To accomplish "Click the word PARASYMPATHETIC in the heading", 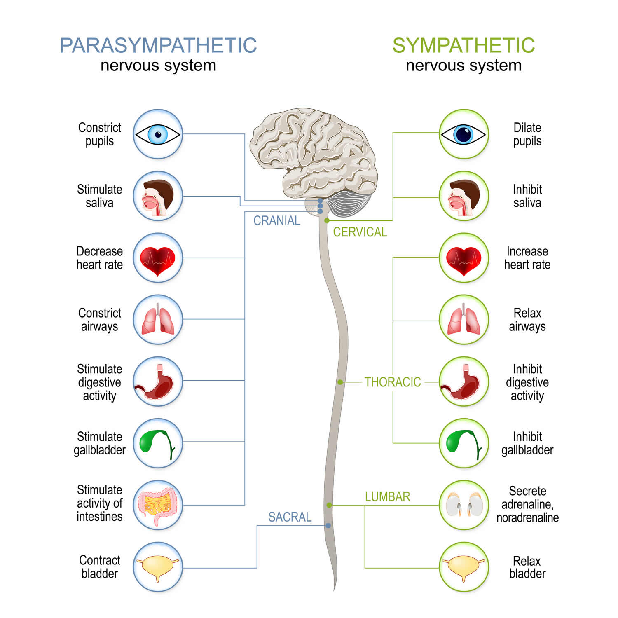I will tap(158, 45).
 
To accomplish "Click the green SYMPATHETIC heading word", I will tap(463, 45).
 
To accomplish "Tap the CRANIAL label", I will tap(276, 221).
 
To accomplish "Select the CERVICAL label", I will tap(360, 232).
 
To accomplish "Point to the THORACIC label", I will tap(392, 382).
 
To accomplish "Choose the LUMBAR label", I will tap(387, 496).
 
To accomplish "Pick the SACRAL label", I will tap(290, 517).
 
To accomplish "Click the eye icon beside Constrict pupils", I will tap(158, 134).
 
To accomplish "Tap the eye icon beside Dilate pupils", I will tap(463, 134).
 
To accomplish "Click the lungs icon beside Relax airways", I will tap(463, 320).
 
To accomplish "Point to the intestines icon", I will tap(158, 505).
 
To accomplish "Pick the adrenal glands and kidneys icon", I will tap(463, 505).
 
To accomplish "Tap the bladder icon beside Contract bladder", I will tap(158, 567).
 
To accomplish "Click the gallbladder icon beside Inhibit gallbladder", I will tap(463, 443).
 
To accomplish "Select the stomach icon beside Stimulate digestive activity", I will tap(158, 382).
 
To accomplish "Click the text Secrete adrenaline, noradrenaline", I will tap(527, 504).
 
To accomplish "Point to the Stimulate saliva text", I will tap(99, 196).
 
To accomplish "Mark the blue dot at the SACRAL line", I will tap(328, 526).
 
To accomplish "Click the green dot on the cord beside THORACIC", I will tap(340, 382).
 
